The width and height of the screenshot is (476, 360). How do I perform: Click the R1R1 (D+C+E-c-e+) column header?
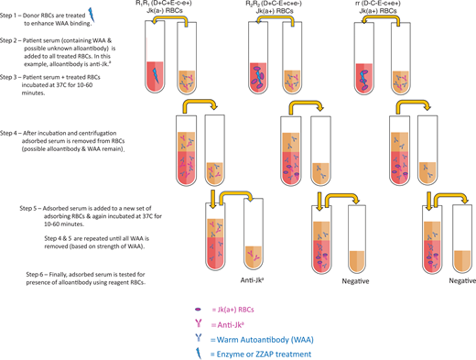167,9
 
